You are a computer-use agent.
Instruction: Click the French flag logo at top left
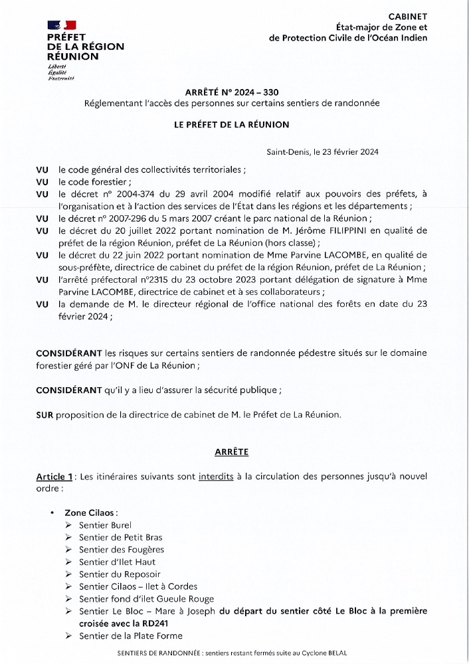point(57,25)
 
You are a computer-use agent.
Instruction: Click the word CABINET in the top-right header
point(408,16)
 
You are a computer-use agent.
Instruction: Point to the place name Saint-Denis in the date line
point(287,152)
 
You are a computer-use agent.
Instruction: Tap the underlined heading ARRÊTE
point(231,452)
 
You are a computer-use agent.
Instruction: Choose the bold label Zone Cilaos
point(91,513)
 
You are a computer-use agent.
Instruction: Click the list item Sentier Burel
point(105,525)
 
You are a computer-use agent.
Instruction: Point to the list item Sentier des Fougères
point(121,550)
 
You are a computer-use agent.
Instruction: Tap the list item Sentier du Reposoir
point(120,574)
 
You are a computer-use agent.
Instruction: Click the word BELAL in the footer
point(336,653)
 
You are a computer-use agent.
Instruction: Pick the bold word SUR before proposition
point(45,415)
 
